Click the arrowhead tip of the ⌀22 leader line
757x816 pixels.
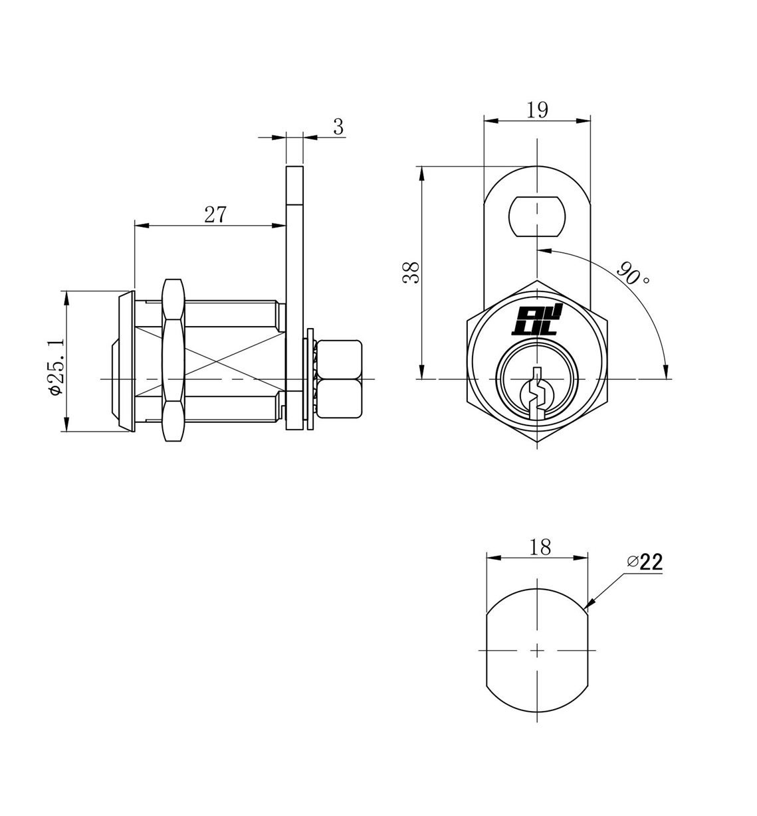click(585, 608)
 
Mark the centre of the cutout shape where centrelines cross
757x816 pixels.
click(537, 650)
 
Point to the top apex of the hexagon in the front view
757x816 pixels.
click(537, 281)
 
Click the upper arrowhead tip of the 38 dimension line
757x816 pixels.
click(421, 167)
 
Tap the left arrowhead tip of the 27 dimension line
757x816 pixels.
click(135, 225)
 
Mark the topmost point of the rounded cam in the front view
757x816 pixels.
click(537, 166)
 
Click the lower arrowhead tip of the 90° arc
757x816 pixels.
click(666, 378)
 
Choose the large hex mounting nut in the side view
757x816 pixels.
click(173, 360)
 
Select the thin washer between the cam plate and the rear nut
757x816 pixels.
click(310, 379)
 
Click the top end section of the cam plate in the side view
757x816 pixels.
click(294, 185)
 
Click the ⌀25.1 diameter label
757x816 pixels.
click(56, 367)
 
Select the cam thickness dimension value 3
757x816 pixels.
click(338, 127)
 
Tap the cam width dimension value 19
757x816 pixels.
click(537, 110)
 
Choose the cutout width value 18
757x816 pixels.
click(540, 547)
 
